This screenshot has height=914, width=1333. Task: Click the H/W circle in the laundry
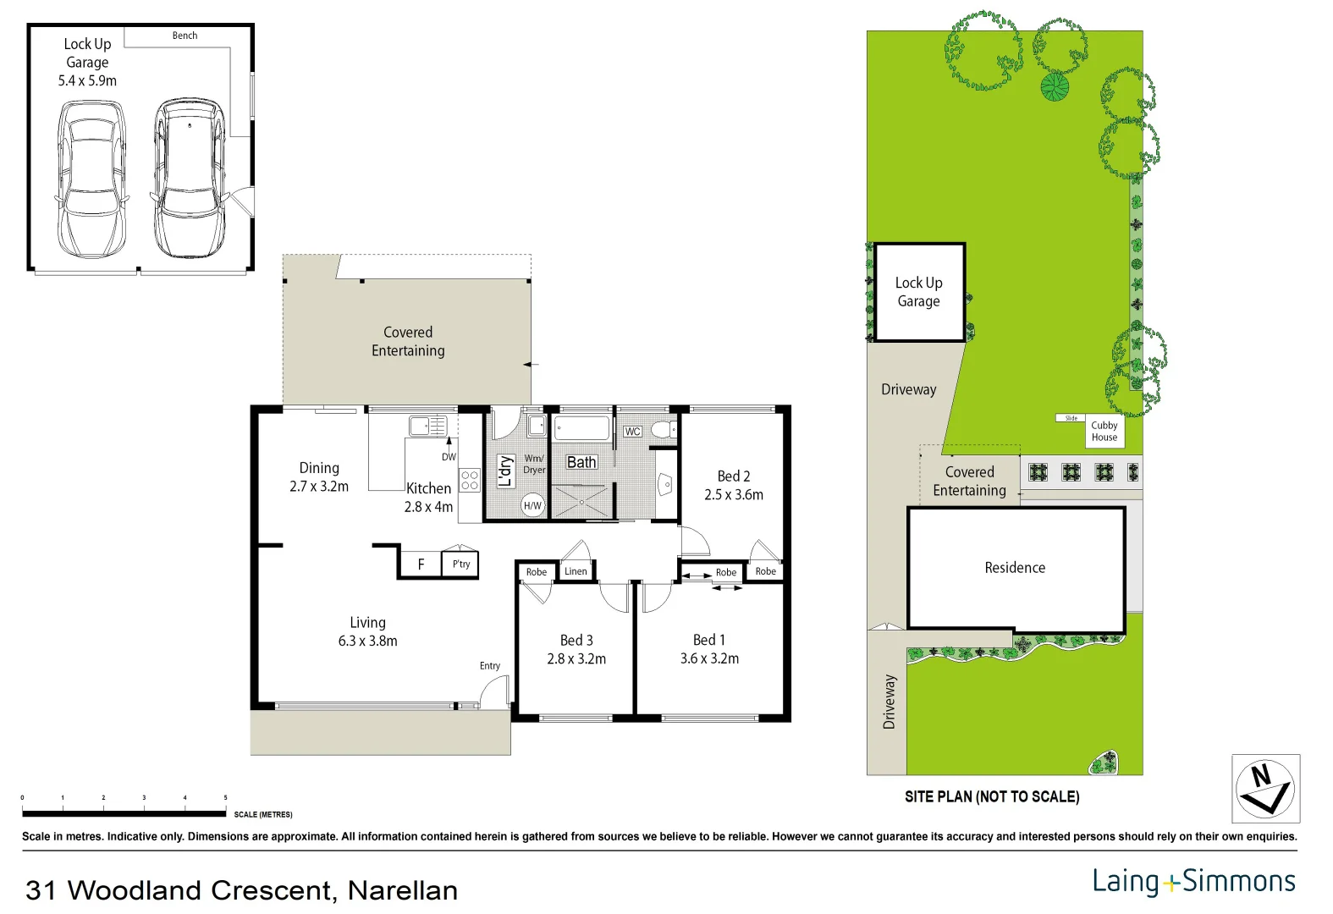click(532, 506)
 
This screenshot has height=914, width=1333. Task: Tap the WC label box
click(632, 432)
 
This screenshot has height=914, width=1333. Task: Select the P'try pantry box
click(460, 564)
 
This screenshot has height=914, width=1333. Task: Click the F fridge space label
click(421, 564)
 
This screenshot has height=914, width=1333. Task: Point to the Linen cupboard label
click(576, 571)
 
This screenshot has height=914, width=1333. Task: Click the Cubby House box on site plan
click(1104, 432)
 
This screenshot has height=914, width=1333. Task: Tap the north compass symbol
click(1265, 789)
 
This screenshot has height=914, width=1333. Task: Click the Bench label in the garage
click(185, 36)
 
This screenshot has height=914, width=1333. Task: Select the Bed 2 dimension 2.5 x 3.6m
click(734, 495)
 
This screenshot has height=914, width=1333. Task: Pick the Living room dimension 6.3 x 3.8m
click(368, 641)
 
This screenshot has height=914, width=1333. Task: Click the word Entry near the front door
click(490, 666)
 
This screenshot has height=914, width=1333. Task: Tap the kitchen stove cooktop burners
click(470, 480)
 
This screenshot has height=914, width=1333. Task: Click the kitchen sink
click(428, 426)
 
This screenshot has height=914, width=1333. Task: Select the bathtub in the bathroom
click(581, 428)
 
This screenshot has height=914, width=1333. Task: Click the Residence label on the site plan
click(1016, 568)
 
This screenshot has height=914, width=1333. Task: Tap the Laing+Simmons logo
click(1194, 881)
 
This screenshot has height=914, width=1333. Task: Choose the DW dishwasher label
click(449, 457)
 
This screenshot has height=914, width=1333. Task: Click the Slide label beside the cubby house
click(1071, 418)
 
